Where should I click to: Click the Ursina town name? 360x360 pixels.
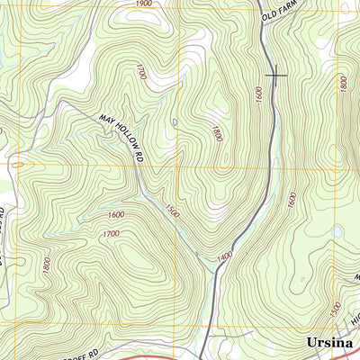(x=327, y=343)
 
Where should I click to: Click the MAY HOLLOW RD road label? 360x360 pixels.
(x=123, y=131)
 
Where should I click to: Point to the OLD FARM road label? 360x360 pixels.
(x=280, y=11)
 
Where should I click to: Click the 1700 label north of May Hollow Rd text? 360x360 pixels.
(x=140, y=72)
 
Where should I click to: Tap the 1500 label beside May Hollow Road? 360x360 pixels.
(x=171, y=212)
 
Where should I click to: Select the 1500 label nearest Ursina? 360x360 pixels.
(x=336, y=310)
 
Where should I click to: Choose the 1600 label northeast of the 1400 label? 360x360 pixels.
(x=291, y=200)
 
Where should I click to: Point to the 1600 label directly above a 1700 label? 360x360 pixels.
(x=115, y=214)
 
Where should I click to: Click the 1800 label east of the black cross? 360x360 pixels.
(x=343, y=83)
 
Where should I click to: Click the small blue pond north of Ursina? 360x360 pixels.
(x=337, y=231)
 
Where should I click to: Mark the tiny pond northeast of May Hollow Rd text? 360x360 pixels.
(x=175, y=121)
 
